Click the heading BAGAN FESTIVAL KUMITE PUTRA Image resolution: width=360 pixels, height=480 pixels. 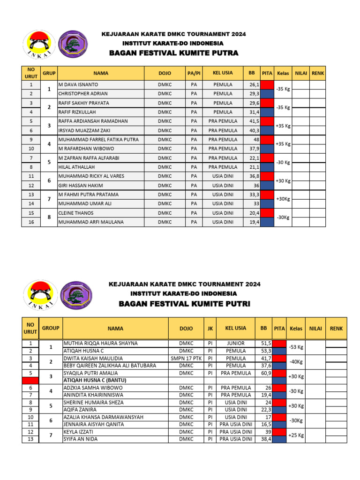[x=173, y=53]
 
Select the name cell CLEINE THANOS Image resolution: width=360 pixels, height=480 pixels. [x=76, y=213]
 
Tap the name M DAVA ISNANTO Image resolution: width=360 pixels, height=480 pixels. [x=78, y=84]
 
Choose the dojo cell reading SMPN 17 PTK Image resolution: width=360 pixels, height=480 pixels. [x=186, y=358]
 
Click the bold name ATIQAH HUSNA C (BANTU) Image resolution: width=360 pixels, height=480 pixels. [x=96, y=380]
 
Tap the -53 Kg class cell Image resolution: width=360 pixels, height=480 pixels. [x=296, y=347]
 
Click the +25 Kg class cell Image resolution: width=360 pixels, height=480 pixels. [x=296, y=435]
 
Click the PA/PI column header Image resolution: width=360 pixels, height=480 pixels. [x=194, y=73]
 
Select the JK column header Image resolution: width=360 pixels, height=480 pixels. [x=209, y=328]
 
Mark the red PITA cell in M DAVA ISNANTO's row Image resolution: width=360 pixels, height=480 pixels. [x=267, y=85]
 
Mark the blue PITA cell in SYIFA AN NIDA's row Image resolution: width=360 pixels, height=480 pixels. [x=280, y=439]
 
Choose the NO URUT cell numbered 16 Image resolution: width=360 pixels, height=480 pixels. [x=31, y=222]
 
